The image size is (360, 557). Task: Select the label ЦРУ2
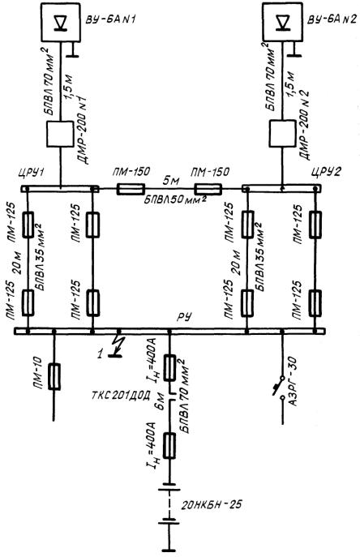[325, 172]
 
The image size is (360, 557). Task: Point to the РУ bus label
[184, 316]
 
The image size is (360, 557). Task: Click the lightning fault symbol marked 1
[114, 346]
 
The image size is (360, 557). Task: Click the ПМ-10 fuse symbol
[54, 376]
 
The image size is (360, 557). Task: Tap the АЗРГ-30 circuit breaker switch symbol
[279, 389]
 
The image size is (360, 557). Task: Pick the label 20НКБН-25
[212, 504]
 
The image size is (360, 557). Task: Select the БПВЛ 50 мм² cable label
[175, 200]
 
